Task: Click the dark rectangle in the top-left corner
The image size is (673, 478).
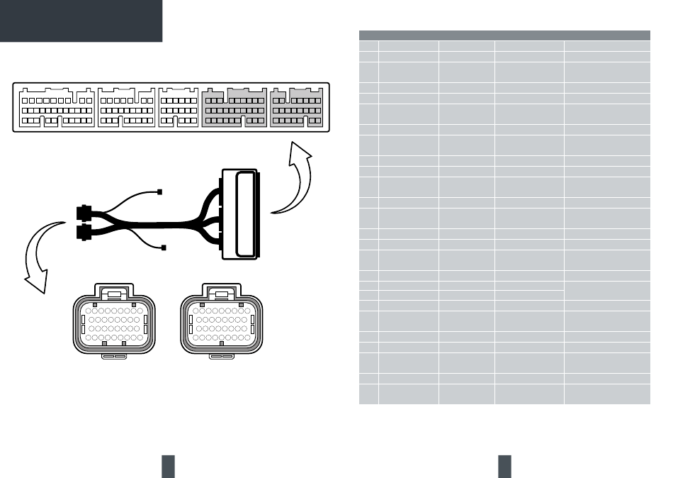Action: point(81,21)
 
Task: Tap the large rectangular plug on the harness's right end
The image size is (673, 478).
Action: point(242,213)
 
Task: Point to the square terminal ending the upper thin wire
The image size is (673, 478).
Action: point(160,192)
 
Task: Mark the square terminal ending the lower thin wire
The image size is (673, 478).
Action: point(164,247)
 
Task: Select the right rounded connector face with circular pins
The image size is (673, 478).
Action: point(222,323)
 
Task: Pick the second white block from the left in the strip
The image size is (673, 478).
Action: point(127,109)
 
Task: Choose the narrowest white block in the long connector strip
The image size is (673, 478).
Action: point(179,109)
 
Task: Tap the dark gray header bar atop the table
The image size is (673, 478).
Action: point(504,35)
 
